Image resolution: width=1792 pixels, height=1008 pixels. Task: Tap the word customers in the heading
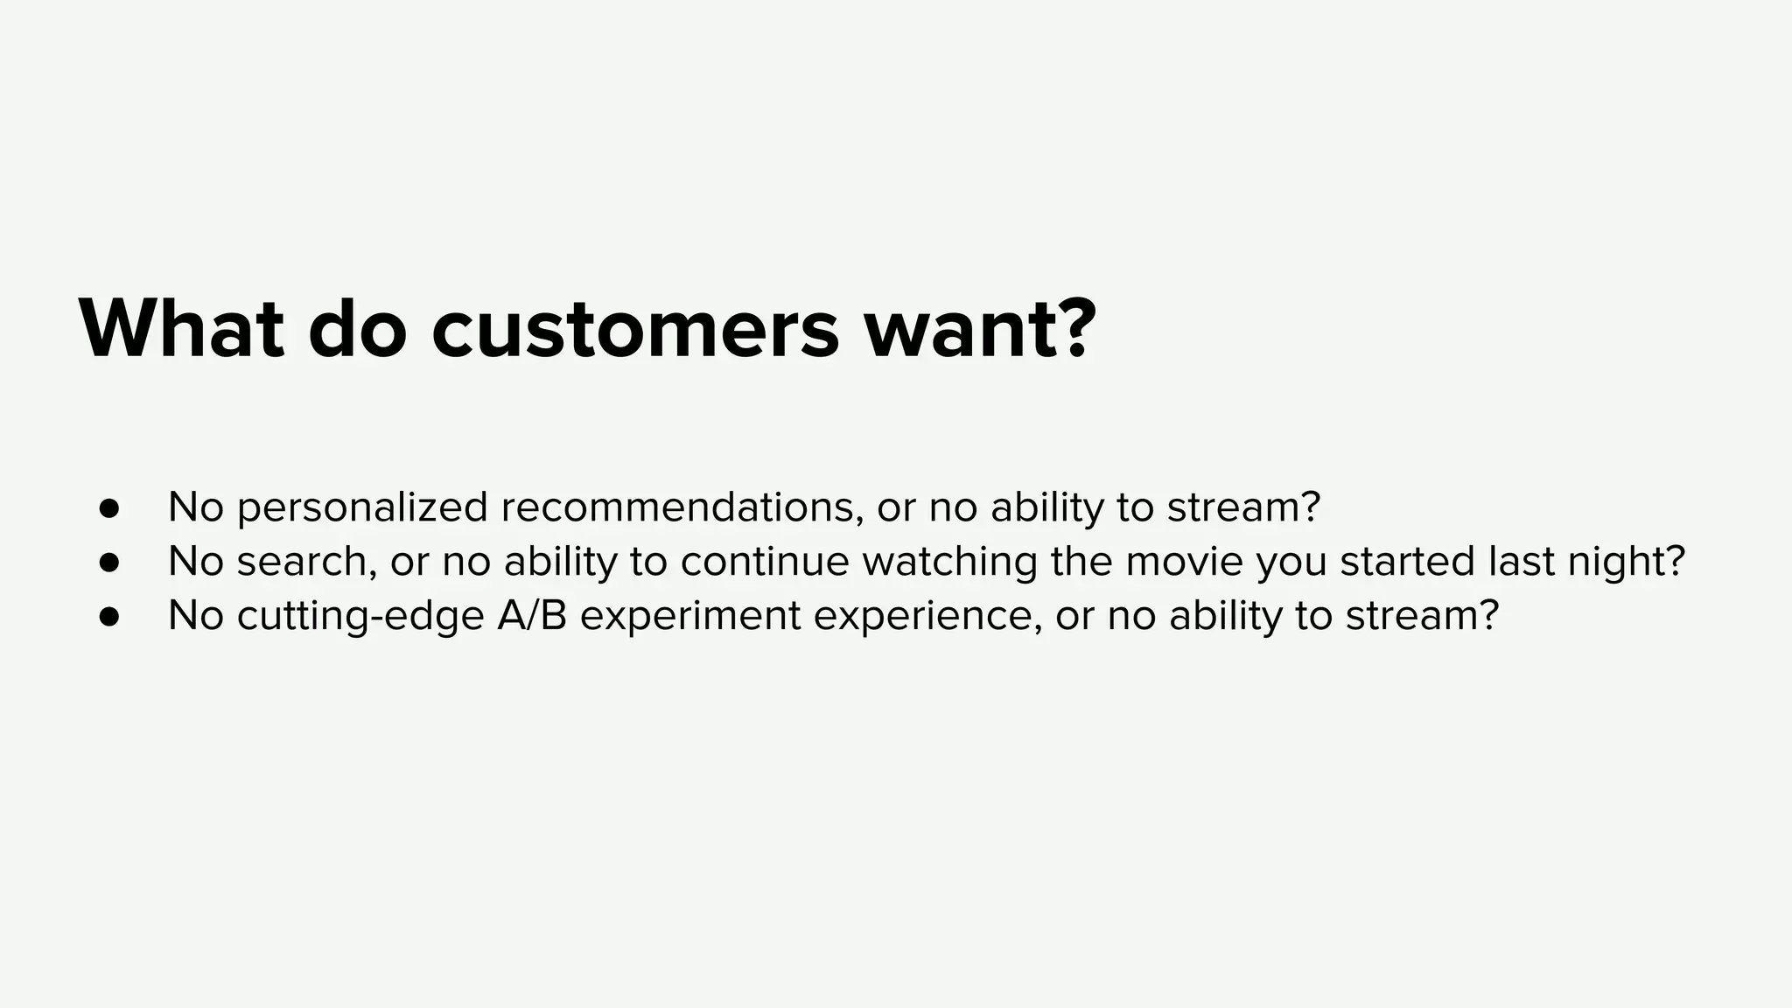[x=635, y=330]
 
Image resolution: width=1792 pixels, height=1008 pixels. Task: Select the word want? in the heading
[x=980, y=330]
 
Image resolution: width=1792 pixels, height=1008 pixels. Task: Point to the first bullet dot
[x=108, y=508]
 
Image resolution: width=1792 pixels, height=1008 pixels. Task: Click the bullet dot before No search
[x=108, y=563]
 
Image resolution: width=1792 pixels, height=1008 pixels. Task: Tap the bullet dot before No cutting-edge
[x=108, y=617]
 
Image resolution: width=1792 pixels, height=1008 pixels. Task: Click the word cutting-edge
[x=360, y=617]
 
